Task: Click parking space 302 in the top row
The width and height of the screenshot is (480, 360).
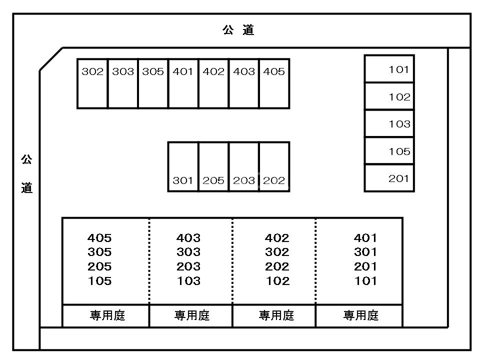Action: [x=92, y=83]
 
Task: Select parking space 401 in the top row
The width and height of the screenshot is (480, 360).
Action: [x=183, y=83]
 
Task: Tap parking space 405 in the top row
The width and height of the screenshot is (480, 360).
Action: [x=274, y=83]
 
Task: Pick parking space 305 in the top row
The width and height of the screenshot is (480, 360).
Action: [x=153, y=83]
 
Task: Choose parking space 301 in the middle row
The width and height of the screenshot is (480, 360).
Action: [x=183, y=167]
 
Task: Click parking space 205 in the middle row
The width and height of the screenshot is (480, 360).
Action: [x=213, y=167]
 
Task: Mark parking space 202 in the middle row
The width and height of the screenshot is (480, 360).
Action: [x=274, y=167]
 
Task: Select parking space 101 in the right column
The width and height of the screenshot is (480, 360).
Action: [x=389, y=69]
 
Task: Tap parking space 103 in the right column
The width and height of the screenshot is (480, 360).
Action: [x=389, y=123]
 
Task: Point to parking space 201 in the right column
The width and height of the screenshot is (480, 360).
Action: [x=389, y=178]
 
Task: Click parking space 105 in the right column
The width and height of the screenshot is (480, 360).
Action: [x=389, y=151]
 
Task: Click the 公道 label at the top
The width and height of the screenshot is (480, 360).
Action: [x=238, y=30]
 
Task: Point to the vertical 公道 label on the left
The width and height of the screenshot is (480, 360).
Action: [x=26, y=174]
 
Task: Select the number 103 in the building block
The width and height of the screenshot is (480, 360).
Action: [x=188, y=281]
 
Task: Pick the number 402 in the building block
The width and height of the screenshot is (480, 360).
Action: [x=277, y=238]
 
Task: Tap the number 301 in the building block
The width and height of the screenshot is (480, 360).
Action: [x=365, y=252]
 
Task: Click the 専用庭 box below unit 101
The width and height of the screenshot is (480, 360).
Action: [x=360, y=315]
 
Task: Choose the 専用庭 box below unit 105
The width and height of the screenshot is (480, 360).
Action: [x=106, y=315]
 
